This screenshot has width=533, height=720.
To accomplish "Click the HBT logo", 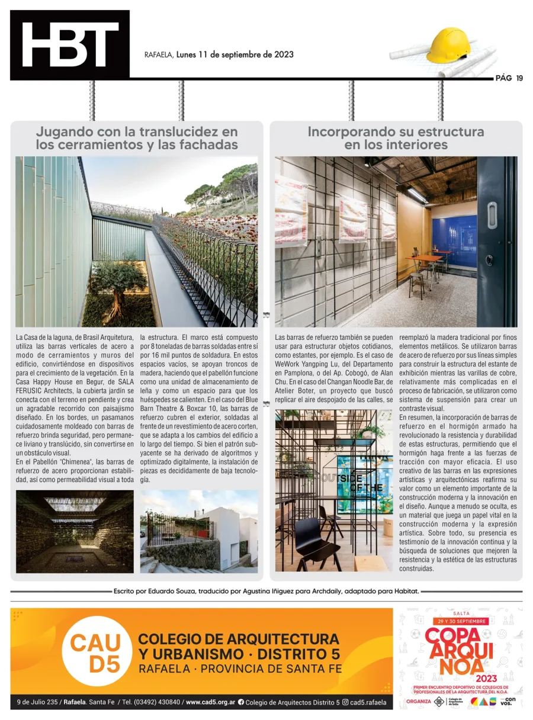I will click(x=70, y=45).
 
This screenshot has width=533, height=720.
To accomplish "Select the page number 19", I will click(x=519, y=78).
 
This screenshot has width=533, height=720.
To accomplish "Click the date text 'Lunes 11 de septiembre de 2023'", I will click(x=235, y=54).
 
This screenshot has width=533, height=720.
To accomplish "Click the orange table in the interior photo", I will click(x=424, y=259).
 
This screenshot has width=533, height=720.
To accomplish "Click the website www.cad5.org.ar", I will click(x=210, y=702).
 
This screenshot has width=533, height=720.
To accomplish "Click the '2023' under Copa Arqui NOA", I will click(x=460, y=677).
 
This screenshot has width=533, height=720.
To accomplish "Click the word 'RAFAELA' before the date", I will click(x=159, y=55).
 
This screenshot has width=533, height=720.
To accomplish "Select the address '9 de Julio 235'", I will click(x=36, y=702).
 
